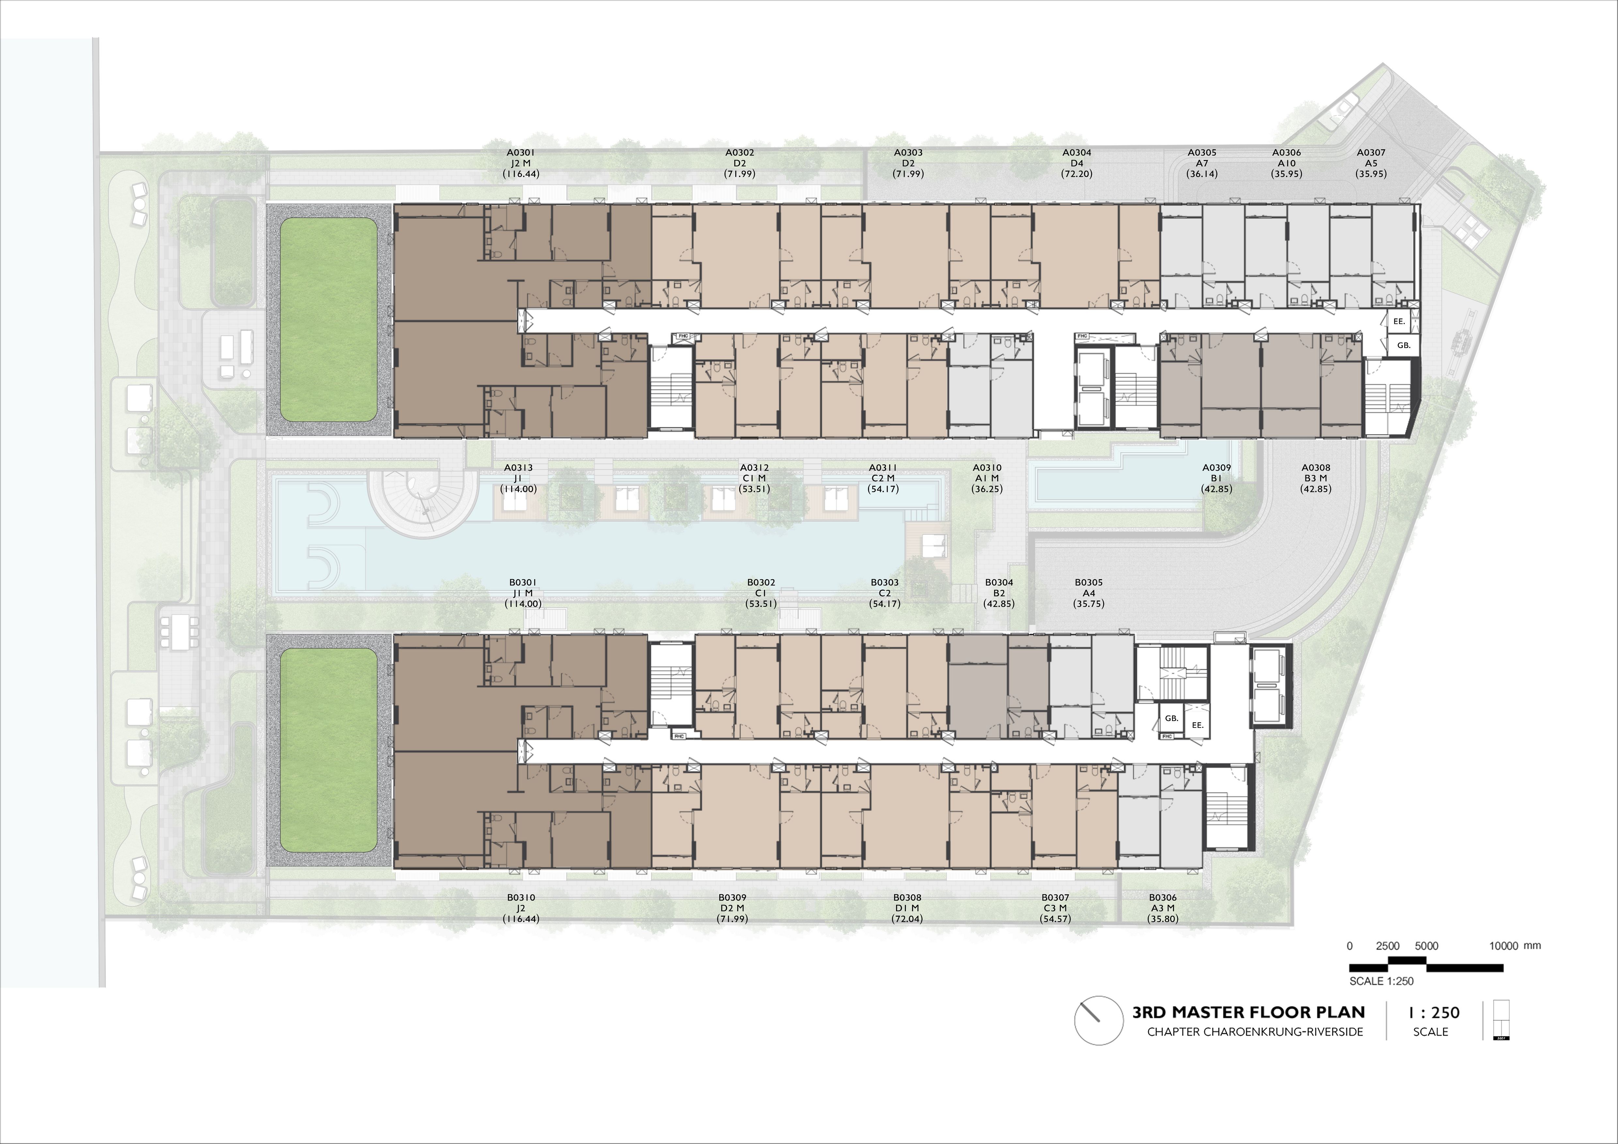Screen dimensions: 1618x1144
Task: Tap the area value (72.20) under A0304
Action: (x=1077, y=174)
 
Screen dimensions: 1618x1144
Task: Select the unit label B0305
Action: (x=1089, y=582)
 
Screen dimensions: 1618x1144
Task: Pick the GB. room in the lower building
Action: (x=1171, y=718)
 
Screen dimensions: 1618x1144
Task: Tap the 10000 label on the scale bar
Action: (x=1503, y=946)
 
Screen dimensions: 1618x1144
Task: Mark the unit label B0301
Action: (x=523, y=582)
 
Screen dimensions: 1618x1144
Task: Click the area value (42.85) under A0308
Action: (x=1316, y=489)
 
